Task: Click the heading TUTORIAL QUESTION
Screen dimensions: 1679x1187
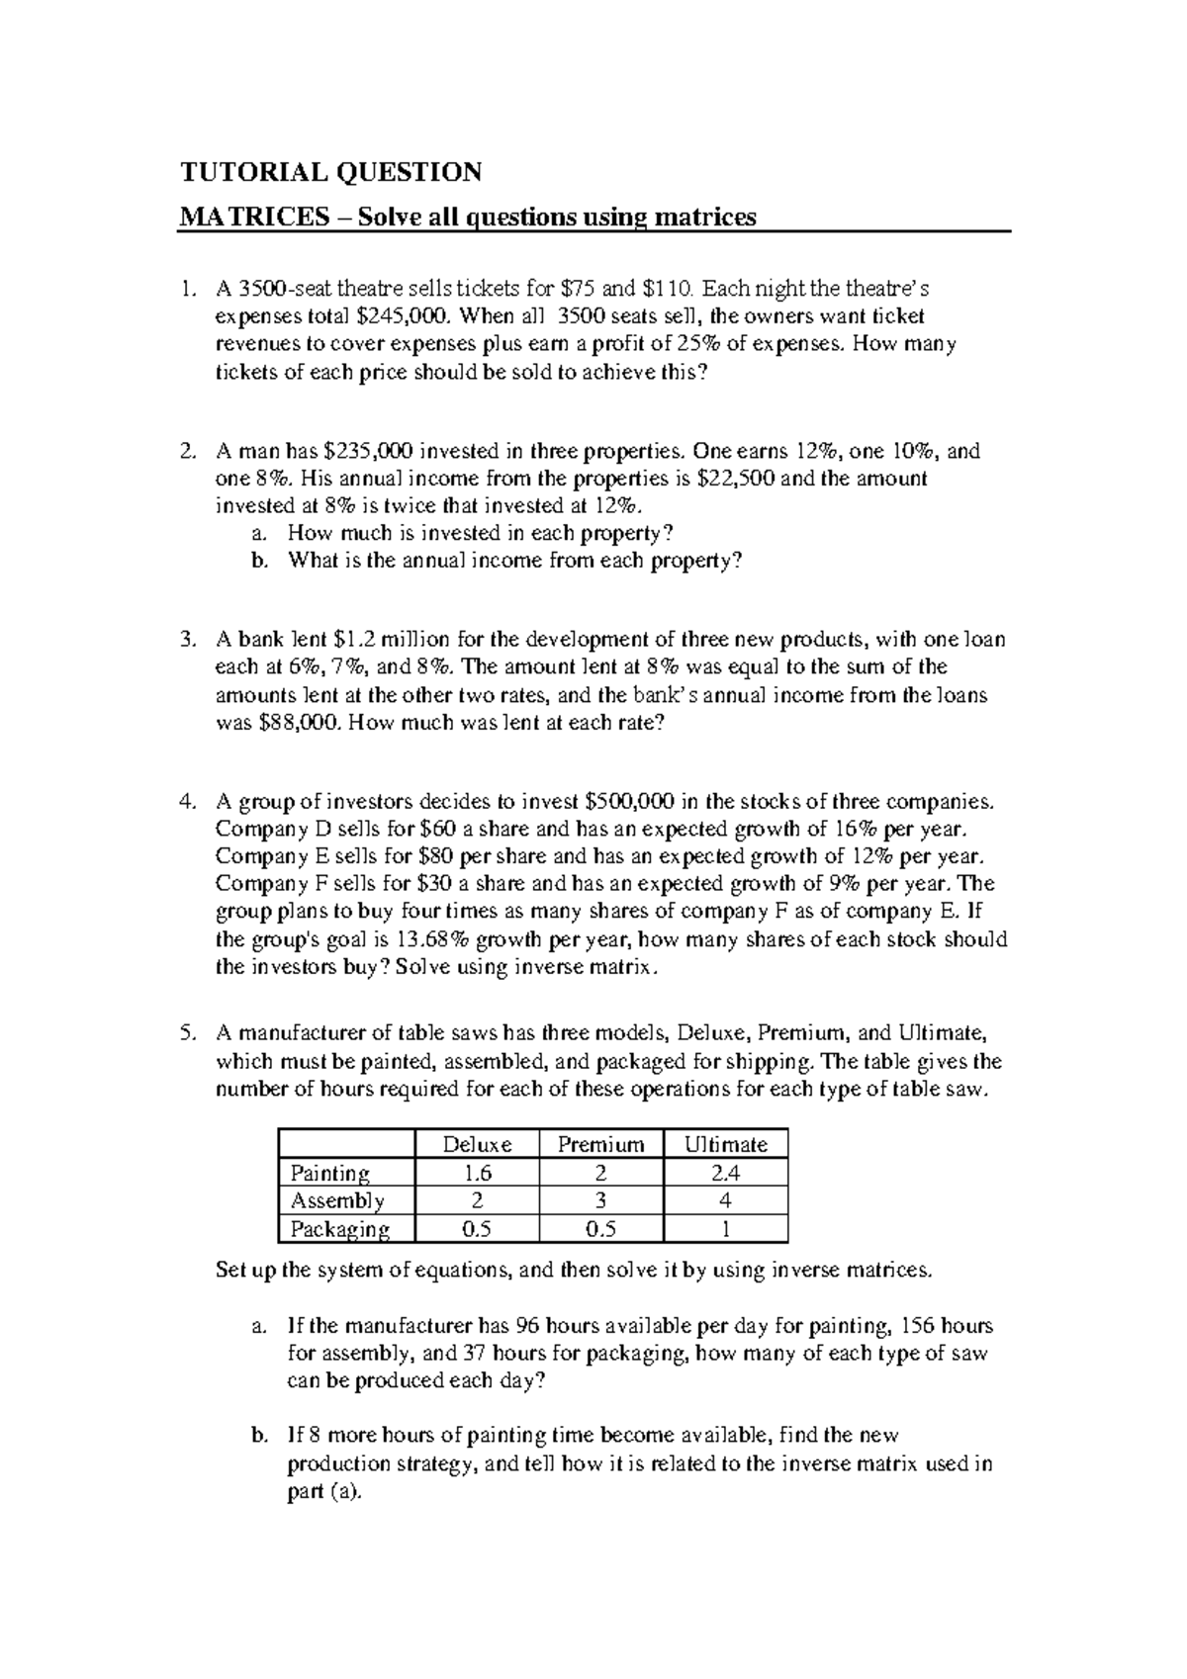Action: tap(330, 173)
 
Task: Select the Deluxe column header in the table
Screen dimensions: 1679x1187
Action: tap(477, 1145)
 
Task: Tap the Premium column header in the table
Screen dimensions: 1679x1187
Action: tap(600, 1145)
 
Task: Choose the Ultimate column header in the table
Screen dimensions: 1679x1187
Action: tap(725, 1145)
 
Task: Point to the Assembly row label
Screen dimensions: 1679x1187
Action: tap(337, 1201)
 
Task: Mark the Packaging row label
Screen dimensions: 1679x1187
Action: tap(339, 1230)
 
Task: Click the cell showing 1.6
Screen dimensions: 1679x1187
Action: tap(477, 1174)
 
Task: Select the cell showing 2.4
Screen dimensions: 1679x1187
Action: tap(725, 1174)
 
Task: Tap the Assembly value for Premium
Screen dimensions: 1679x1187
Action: tap(600, 1201)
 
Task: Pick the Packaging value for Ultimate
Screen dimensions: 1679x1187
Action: tap(725, 1230)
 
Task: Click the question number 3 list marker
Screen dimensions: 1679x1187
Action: tap(188, 640)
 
